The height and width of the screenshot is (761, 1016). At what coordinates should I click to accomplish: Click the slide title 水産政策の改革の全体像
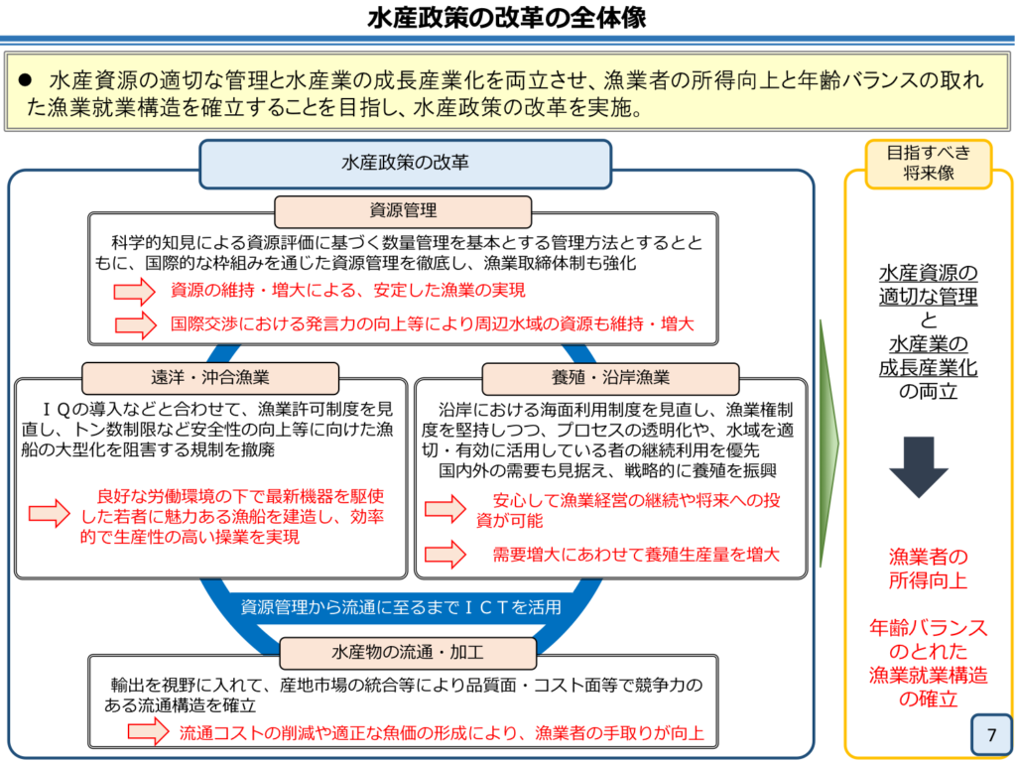point(506,18)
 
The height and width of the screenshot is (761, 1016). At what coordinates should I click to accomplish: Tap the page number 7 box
point(991,734)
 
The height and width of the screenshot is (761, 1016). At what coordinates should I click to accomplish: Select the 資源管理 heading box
point(403,211)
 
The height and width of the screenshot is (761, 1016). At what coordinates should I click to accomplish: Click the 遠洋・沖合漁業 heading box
point(210,378)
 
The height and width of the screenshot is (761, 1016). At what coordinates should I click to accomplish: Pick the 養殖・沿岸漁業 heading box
point(610,378)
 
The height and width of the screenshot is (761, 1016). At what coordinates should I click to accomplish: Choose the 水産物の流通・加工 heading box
point(408,653)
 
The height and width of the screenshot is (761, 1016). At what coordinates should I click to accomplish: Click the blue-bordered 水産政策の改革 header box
point(405,164)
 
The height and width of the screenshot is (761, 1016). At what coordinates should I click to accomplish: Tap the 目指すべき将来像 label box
point(929,164)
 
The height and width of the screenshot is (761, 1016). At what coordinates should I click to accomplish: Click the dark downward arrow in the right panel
point(919,466)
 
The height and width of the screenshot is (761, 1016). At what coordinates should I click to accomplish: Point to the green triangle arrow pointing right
point(828,444)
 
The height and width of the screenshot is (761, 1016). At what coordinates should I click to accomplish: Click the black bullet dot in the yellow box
point(25,79)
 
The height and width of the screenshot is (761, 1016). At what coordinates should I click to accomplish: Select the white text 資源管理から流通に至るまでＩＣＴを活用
point(401,607)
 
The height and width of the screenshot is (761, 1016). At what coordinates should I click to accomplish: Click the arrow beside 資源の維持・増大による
point(134,291)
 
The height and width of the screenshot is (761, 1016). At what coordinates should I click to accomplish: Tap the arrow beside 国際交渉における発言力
point(135,324)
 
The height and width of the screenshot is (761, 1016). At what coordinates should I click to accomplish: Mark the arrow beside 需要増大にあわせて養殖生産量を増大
point(445,555)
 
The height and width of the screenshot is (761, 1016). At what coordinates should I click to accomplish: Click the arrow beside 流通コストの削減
point(149,732)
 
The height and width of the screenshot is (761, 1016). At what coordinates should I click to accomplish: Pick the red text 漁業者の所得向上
point(928,569)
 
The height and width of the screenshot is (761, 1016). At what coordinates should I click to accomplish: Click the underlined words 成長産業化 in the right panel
point(928,367)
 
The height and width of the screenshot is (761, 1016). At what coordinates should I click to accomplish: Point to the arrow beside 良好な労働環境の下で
point(50,513)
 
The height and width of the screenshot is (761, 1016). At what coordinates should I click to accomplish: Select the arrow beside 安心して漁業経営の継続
point(445,508)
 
